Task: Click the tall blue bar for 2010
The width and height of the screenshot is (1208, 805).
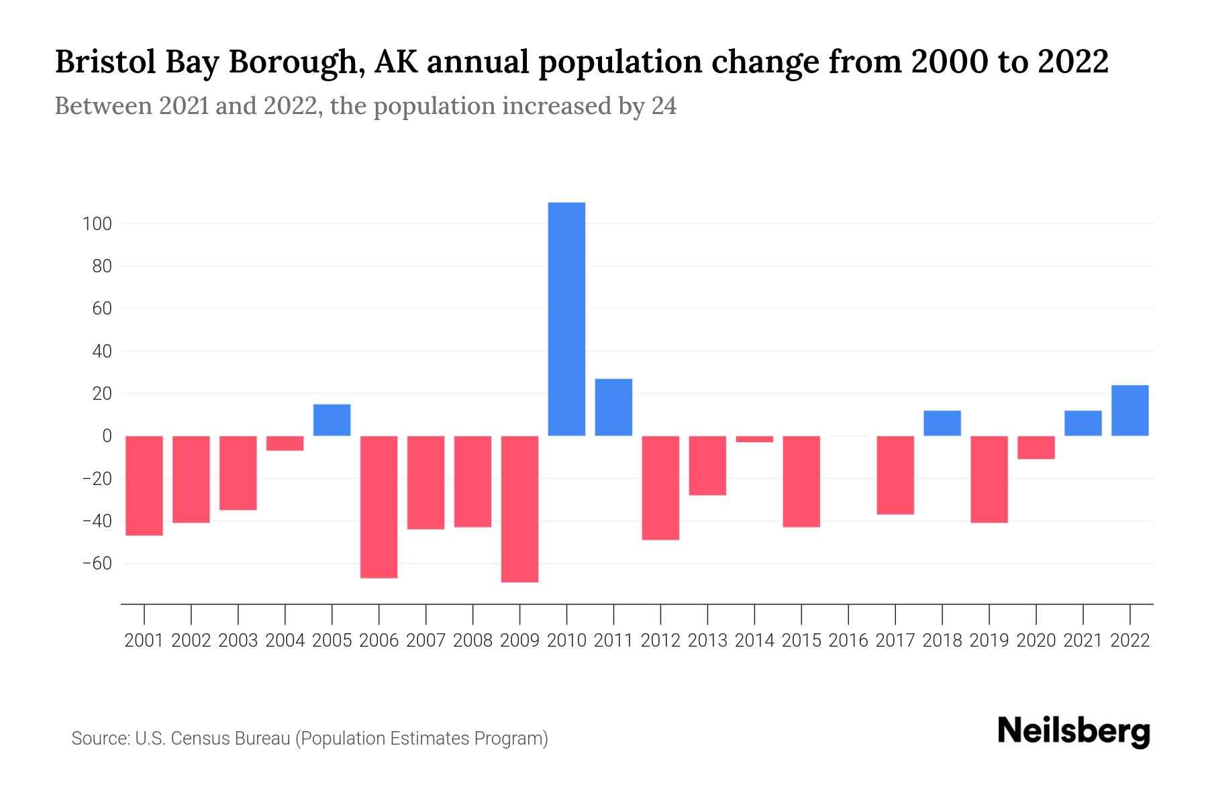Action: (566, 319)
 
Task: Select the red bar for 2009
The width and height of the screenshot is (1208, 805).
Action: (519, 508)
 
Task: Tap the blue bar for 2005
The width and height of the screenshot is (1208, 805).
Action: (332, 420)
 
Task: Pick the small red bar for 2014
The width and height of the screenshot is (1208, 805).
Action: (754, 439)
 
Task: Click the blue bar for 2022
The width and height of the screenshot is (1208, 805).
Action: (1129, 411)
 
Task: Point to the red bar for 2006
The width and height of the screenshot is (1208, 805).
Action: (379, 506)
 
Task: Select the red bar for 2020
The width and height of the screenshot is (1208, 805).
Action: (1036, 447)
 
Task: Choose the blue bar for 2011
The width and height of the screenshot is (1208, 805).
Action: (613, 407)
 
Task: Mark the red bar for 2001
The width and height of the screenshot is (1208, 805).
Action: (144, 485)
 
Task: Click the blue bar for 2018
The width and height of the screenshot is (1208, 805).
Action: (942, 423)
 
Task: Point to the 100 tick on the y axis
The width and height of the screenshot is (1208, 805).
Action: (97, 224)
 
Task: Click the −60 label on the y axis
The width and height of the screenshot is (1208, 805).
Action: (97, 563)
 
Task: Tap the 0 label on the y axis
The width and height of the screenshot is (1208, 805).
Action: (107, 436)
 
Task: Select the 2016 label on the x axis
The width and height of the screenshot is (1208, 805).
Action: (848, 641)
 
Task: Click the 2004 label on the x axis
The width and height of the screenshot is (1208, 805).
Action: (285, 641)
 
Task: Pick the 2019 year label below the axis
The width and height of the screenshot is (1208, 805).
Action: (989, 641)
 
